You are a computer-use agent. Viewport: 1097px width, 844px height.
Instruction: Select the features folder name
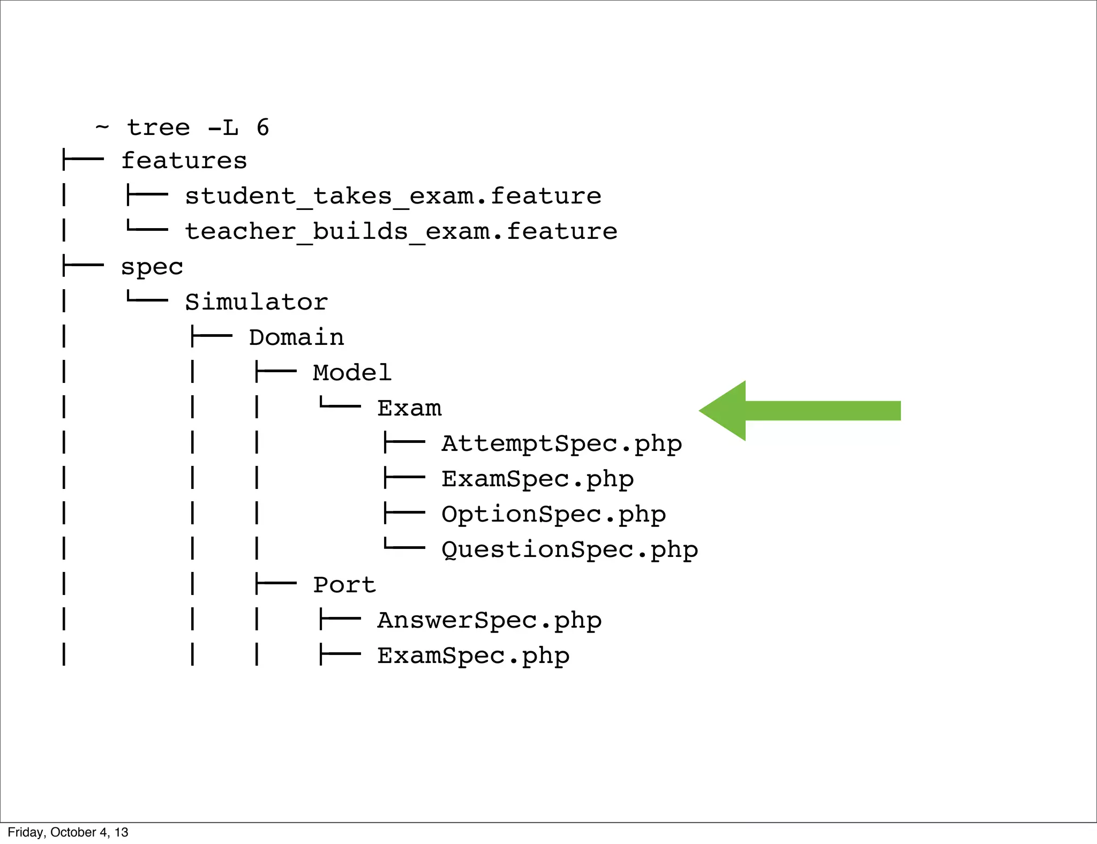coord(184,161)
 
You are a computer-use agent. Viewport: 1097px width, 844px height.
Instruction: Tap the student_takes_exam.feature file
coord(393,196)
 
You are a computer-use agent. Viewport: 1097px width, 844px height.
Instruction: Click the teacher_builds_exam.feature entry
coord(401,231)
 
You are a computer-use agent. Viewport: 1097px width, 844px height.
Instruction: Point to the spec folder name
coord(152,267)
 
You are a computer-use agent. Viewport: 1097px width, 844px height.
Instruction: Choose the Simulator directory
coord(256,302)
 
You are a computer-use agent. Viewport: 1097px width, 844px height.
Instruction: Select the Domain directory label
coord(296,337)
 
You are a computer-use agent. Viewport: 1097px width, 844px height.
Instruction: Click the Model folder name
coord(352,373)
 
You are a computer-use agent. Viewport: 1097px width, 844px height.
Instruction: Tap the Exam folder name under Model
coord(409,408)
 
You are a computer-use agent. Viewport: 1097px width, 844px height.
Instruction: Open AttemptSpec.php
coord(561,444)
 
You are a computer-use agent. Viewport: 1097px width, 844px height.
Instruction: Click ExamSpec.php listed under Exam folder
coord(537,479)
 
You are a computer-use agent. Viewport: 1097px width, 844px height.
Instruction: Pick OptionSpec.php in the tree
coord(553,515)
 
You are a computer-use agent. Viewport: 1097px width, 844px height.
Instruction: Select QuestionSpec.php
coord(569,550)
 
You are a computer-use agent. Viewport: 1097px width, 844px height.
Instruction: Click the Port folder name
coord(344,585)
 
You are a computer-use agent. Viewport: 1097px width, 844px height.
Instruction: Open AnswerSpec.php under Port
coord(489,621)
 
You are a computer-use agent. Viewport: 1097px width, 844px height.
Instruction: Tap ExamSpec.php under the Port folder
coord(473,656)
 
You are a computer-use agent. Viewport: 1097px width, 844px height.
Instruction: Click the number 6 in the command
coord(262,127)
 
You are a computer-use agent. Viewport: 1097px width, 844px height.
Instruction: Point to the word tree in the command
coord(159,127)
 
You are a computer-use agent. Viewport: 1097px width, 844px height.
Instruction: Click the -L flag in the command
coord(223,127)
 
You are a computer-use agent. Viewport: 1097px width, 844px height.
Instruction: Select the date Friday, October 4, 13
coord(68,832)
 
